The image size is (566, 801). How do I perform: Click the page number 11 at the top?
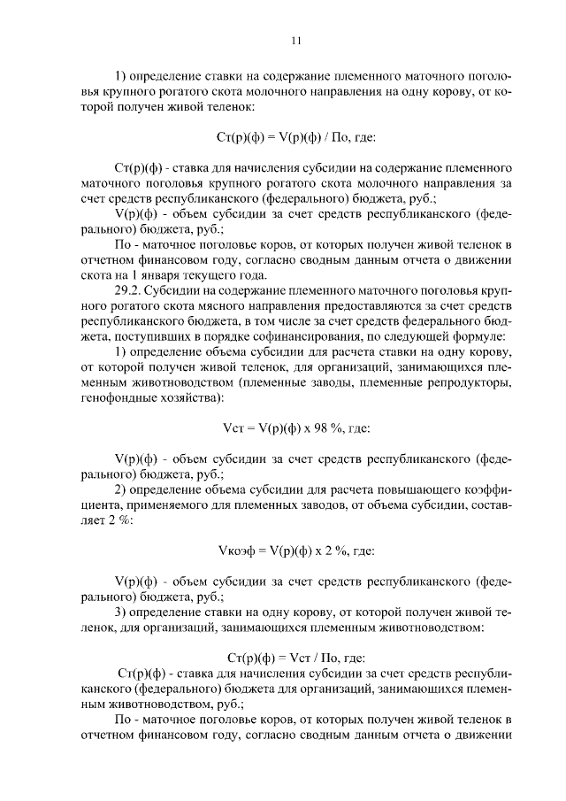[x=296, y=40]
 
